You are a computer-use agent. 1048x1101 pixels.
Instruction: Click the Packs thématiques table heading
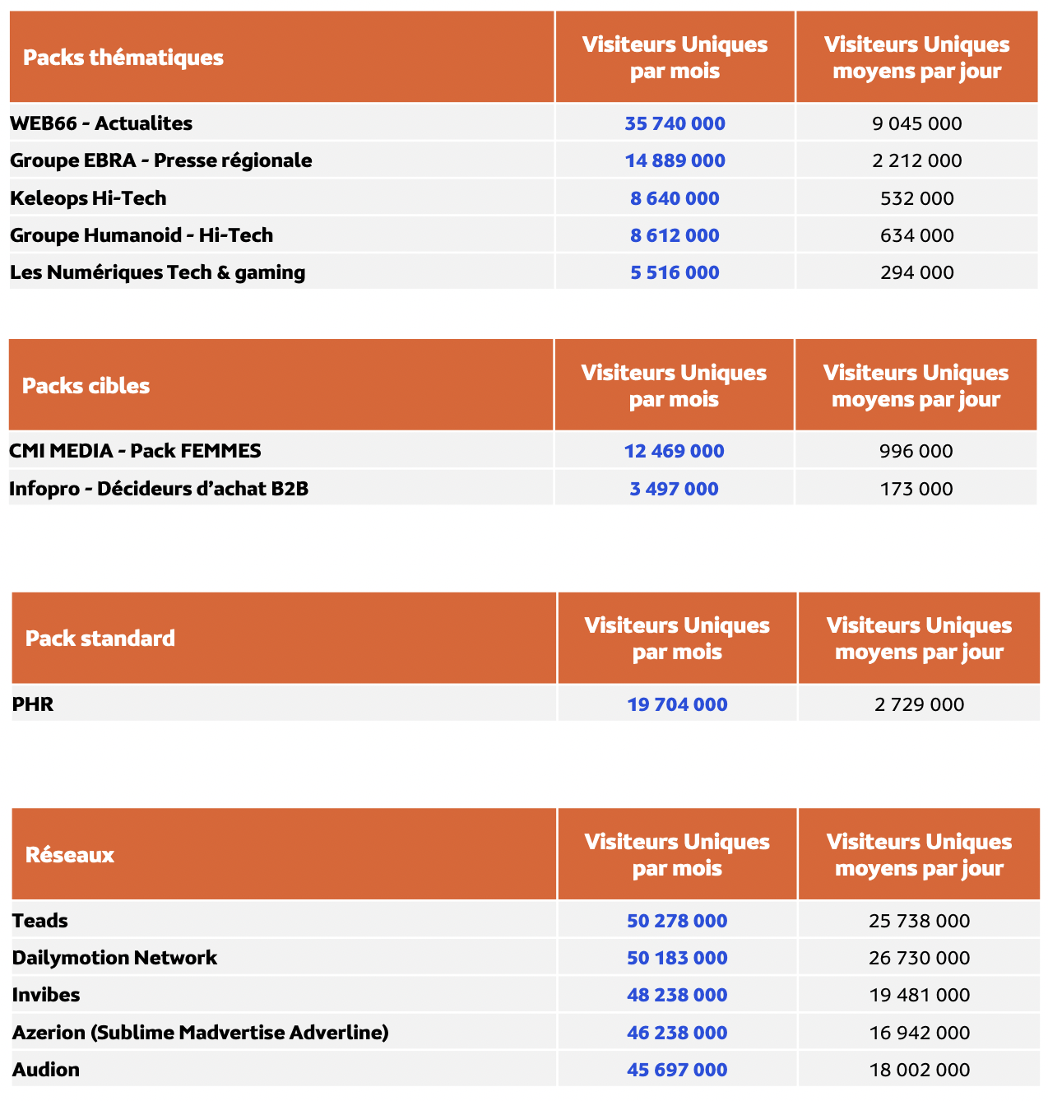[123, 58]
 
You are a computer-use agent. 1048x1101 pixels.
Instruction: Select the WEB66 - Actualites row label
[101, 123]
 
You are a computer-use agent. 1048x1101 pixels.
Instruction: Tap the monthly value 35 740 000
[675, 123]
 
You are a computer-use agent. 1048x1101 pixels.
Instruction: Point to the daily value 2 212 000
[916, 160]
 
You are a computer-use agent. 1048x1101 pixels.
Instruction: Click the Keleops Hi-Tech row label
[88, 198]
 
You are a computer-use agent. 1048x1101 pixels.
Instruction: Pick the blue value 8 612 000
[675, 235]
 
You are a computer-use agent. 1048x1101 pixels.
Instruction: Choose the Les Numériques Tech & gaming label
[157, 272]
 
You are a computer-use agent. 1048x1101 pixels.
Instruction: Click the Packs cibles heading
[86, 386]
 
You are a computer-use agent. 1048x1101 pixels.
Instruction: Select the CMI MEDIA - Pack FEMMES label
[135, 451]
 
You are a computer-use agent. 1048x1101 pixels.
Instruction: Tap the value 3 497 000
[674, 489]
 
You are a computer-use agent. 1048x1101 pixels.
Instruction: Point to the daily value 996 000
[916, 451]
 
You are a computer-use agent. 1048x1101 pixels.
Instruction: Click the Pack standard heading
[100, 639]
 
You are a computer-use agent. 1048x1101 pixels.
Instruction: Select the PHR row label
[33, 704]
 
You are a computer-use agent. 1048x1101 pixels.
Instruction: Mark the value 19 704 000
[677, 704]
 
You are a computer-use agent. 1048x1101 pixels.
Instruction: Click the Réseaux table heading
[70, 855]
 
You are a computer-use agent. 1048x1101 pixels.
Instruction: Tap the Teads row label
[40, 921]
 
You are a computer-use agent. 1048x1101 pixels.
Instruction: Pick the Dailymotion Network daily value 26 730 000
[919, 958]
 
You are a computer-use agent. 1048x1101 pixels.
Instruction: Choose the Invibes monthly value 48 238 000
[677, 995]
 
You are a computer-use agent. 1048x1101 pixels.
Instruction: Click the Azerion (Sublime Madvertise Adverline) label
[200, 1033]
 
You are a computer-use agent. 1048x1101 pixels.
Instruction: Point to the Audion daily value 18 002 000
[919, 1070]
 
